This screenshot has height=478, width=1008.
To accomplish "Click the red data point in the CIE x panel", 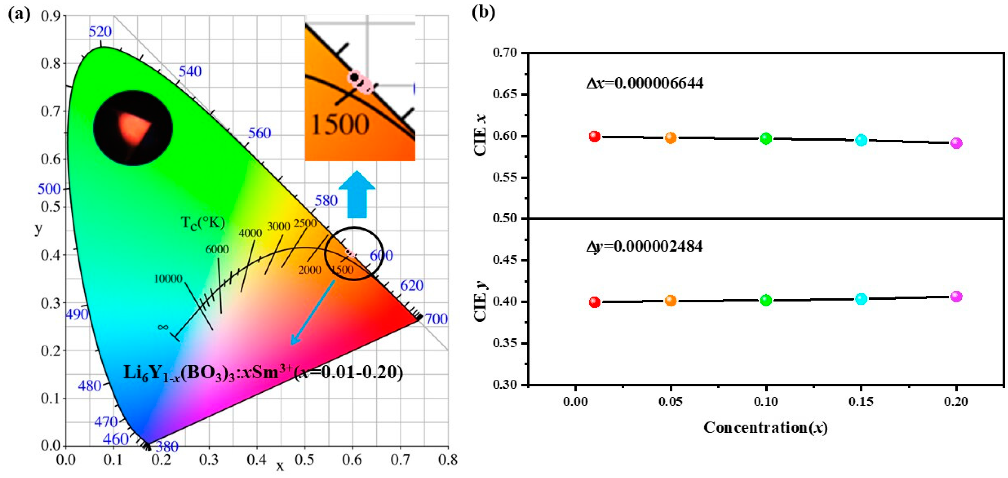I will tap(595, 136).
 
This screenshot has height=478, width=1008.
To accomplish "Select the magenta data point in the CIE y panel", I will tap(956, 296).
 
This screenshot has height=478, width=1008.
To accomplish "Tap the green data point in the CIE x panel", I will tap(766, 139).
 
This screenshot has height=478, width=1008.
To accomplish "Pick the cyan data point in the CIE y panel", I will tap(861, 299).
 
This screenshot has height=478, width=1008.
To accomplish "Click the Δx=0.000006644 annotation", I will tap(645, 83).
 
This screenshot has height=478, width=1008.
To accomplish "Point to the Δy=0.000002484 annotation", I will tap(644, 246).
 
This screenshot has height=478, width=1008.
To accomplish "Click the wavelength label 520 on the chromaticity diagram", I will tap(100, 31).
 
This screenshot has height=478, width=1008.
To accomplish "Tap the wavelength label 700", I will tap(436, 319).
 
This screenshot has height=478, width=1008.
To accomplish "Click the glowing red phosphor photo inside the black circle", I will tap(133, 128).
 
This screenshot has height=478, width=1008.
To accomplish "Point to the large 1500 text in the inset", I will tap(340, 124).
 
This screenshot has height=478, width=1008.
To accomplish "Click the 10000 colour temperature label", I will tap(168, 278).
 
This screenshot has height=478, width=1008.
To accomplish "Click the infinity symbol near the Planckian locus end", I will tap(163, 327).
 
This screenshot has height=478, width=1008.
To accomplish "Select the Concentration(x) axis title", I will tap(765, 428).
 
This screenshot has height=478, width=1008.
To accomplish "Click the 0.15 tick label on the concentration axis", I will tap(861, 401).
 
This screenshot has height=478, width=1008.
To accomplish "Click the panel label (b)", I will tap(483, 12).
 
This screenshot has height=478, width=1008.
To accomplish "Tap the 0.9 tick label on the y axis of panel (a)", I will tap(51, 16).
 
